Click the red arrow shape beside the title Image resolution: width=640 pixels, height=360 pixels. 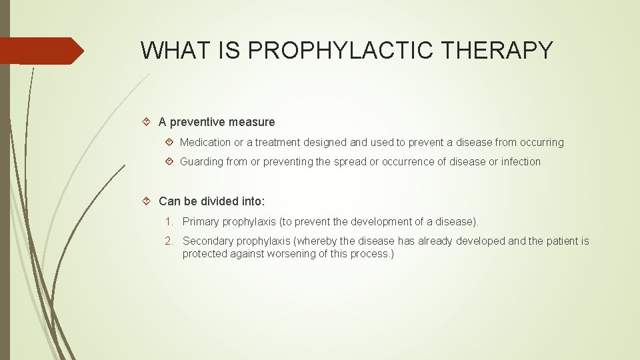pyautogui.click(x=41, y=51)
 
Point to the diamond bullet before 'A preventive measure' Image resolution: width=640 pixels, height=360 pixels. pyautogui.click(x=147, y=122)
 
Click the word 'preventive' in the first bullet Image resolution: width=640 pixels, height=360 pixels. pyautogui.click(x=198, y=122)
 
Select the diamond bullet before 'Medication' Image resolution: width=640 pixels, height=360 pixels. pyautogui.click(x=169, y=142)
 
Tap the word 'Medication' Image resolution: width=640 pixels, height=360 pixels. pyautogui.click(x=205, y=142)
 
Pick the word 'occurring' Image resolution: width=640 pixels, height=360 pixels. pyautogui.click(x=540, y=142)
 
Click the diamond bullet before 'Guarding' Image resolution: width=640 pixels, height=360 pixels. pyautogui.click(x=169, y=161)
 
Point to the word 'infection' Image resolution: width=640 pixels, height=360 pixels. pyautogui.click(x=520, y=161)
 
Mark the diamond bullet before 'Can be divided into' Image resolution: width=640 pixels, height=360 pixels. pyautogui.click(x=147, y=201)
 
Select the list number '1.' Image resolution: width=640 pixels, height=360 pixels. pyautogui.click(x=170, y=221)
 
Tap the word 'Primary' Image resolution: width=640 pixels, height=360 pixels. pyautogui.click(x=201, y=221)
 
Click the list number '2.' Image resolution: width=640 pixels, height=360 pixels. pyautogui.click(x=170, y=241)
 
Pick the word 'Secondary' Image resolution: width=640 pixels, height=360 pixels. pyautogui.click(x=207, y=241)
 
